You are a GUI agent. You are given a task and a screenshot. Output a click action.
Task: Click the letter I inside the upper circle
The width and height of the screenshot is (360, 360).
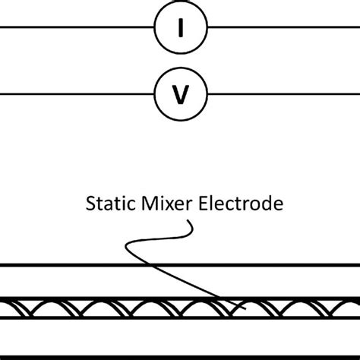point(180,29)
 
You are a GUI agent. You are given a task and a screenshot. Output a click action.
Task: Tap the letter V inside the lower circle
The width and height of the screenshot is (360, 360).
point(180,95)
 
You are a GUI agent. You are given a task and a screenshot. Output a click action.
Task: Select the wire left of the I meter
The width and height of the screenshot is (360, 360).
point(76,29)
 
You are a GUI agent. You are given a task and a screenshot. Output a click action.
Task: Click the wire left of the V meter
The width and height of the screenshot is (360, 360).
point(76,95)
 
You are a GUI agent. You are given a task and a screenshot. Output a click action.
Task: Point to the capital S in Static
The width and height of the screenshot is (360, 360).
point(89,204)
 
